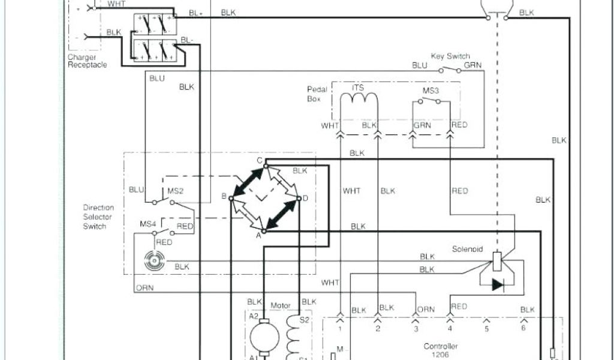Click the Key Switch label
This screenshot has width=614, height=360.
tap(450, 56)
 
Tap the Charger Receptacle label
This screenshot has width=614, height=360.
tap(87, 61)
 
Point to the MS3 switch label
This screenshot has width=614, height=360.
tap(431, 91)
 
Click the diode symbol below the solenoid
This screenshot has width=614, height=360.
tap(498, 284)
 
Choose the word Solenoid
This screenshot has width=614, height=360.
tap(467, 248)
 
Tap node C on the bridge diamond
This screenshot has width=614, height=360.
tap(260, 160)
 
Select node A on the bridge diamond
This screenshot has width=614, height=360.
tap(259, 236)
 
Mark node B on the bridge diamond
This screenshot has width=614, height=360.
tap(223, 196)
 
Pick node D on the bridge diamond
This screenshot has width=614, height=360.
tap(305, 197)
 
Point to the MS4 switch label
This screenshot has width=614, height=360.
tap(148, 224)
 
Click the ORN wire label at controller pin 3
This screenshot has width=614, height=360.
tap(426, 310)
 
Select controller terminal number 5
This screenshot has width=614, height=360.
tap(486, 329)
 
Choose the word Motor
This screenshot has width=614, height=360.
tap(280, 305)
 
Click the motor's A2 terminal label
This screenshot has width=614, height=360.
tap(253, 316)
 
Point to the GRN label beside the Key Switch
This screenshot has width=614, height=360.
tap(472, 65)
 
